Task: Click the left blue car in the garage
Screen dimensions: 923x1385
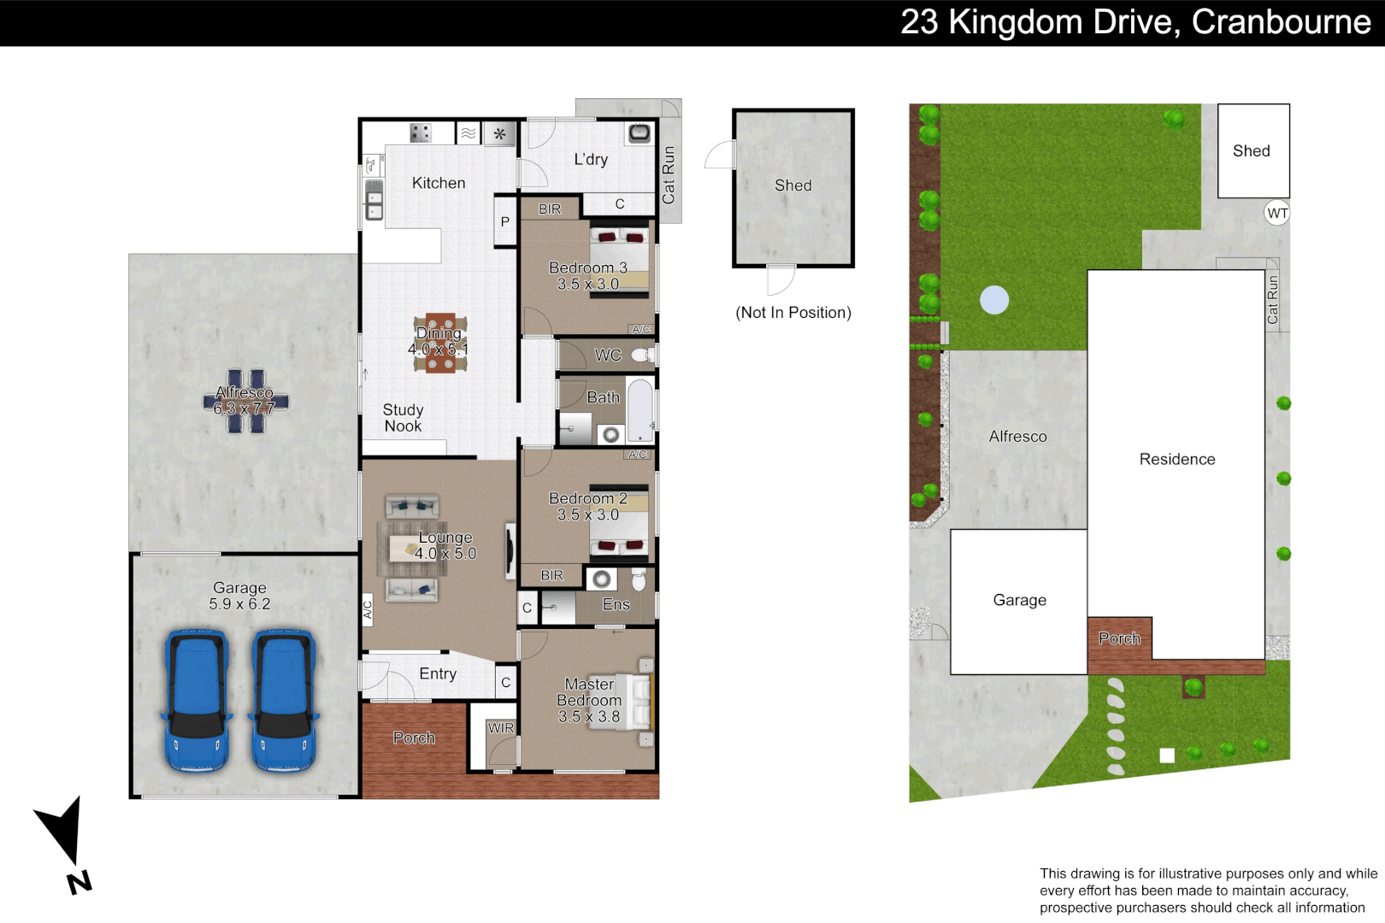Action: (x=197, y=701)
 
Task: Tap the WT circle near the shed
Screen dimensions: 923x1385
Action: (x=1277, y=214)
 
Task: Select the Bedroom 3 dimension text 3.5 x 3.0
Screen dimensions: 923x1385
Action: (x=587, y=285)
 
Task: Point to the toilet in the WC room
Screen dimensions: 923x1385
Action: (x=642, y=355)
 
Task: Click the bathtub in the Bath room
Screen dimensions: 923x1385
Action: (x=640, y=411)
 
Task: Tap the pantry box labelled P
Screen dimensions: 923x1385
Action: (x=505, y=221)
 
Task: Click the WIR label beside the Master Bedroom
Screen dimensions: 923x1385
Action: (x=501, y=728)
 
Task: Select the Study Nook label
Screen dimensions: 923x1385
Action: (x=403, y=418)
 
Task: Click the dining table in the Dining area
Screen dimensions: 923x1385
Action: (x=440, y=343)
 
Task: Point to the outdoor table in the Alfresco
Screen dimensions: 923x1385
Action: (x=245, y=401)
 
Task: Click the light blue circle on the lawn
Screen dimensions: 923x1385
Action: (x=994, y=300)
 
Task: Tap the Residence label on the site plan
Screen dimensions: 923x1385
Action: (x=1176, y=460)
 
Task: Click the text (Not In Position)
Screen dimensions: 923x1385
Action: (x=793, y=313)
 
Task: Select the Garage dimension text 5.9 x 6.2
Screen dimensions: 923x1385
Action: (x=239, y=604)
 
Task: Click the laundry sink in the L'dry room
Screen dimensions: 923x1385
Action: (x=639, y=132)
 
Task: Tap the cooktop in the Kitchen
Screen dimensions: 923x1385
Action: (x=420, y=132)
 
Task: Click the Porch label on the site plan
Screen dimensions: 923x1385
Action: (x=1119, y=638)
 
